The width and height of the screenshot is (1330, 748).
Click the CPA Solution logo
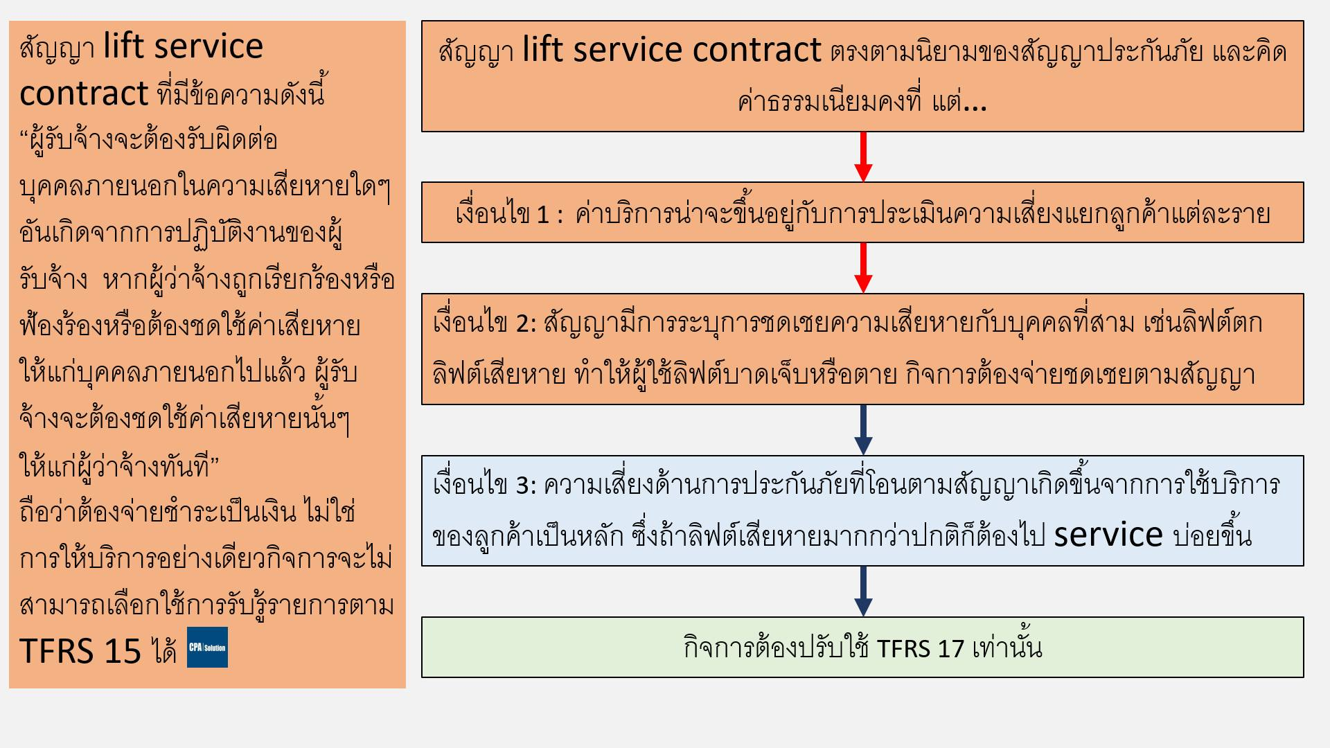207,648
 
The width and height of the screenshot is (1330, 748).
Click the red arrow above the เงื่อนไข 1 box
863,157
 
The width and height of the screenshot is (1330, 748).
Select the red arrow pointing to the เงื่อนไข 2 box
863,268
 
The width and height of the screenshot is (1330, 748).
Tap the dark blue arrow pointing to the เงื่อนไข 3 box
863,430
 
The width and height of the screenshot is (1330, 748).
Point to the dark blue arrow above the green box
863,591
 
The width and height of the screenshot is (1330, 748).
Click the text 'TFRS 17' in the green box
920,649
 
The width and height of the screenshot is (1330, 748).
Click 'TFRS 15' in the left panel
80,650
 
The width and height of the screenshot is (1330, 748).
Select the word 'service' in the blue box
1108,535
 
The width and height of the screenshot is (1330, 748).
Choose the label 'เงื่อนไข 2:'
484,323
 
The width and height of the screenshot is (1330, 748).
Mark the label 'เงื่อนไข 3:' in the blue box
484,486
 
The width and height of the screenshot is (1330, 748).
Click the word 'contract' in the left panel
84,93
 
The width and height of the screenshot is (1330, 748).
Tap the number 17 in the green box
950,649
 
